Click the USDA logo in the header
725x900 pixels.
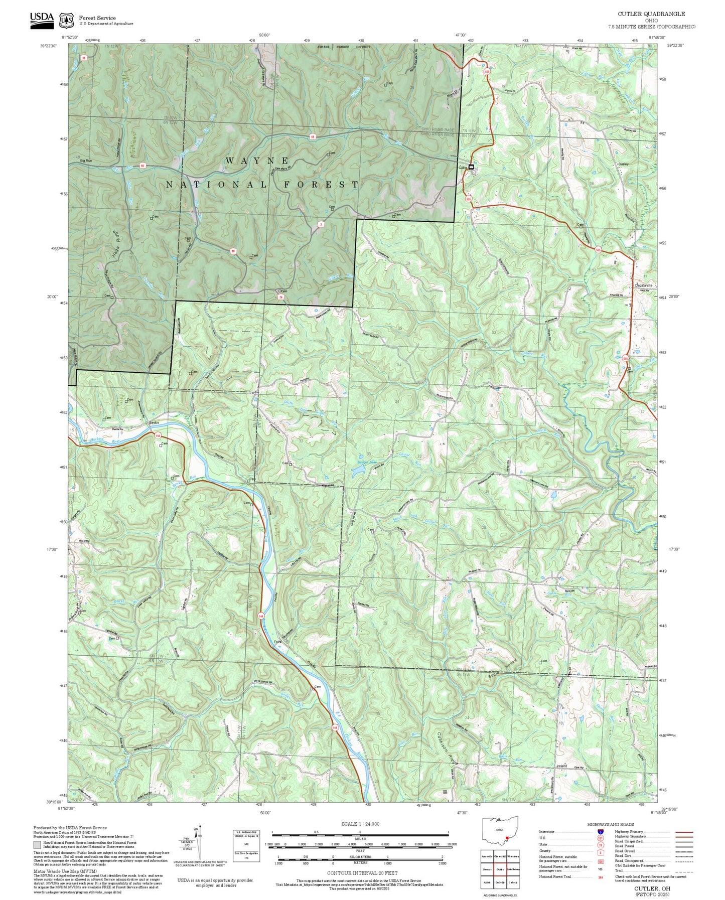click(x=42, y=18)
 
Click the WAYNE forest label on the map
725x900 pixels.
click(x=257, y=161)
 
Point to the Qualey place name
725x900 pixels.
click(x=624, y=164)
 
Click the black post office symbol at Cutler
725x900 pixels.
click(x=471, y=167)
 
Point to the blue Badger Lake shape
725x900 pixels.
click(x=358, y=471)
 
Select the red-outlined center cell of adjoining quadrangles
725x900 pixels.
click(x=499, y=869)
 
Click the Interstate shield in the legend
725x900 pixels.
click(x=600, y=831)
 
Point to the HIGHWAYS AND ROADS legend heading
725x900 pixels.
click(x=611, y=824)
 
